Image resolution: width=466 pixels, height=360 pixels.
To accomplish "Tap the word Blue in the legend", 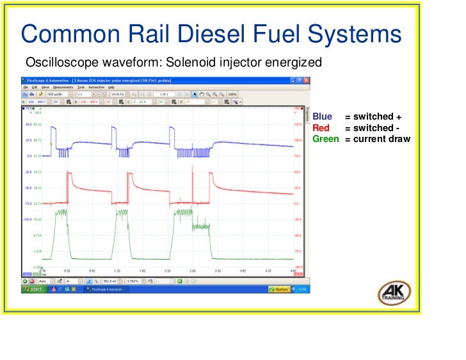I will [322, 117].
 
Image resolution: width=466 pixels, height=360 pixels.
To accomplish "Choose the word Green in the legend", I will [325, 139].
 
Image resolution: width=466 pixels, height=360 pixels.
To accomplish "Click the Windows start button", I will [33, 289].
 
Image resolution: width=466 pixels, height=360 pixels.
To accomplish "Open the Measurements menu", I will [63, 87].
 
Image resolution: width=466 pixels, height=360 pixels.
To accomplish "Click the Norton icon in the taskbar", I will [280, 289].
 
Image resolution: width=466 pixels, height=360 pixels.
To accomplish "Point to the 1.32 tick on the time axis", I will [117, 270].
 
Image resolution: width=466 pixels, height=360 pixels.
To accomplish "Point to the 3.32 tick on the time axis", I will [217, 270].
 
